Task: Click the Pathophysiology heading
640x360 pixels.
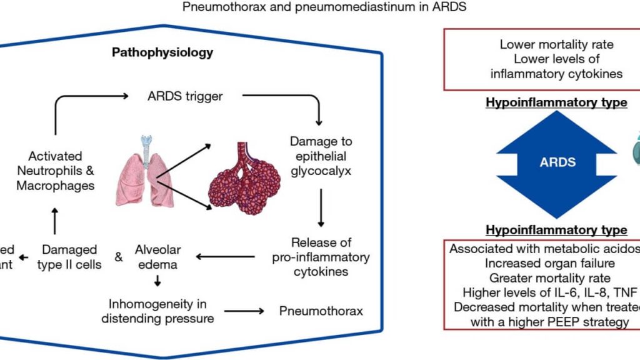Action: pos(162,52)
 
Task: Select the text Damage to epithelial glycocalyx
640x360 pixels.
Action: pos(318,155)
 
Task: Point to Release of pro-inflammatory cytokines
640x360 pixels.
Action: pos(321,257)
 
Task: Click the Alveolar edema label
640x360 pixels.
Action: pos(158,257)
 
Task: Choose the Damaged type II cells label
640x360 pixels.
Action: pos(69,257)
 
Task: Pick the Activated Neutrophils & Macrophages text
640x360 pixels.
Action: pos(56,171)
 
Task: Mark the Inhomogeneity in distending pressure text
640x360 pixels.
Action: pos(159,311)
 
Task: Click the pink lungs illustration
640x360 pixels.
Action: pos(144,175)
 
